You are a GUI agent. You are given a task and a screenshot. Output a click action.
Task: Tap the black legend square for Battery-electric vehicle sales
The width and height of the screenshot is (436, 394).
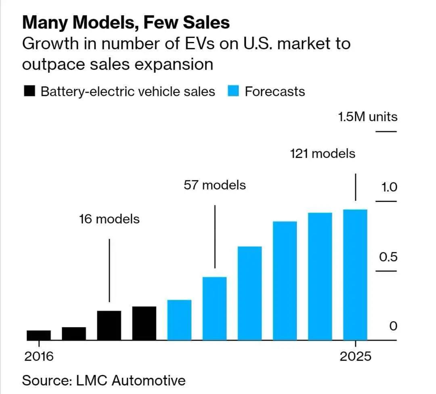point(29,91)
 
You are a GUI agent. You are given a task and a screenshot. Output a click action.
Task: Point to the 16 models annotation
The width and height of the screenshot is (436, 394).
point(109,219)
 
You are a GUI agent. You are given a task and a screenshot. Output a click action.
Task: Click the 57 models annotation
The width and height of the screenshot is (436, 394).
point(214,185)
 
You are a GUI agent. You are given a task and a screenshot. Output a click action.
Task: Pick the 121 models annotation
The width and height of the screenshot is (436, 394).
point(323,154)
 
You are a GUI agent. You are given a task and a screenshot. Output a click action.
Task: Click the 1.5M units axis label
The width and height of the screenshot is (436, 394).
point(367,117)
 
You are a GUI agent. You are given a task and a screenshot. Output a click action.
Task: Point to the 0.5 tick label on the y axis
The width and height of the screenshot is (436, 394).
point(389,257)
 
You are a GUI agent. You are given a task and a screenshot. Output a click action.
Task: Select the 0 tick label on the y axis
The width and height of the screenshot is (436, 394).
point(393,326)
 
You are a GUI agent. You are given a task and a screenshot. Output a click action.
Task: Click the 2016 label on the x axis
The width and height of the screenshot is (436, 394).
point(39,357)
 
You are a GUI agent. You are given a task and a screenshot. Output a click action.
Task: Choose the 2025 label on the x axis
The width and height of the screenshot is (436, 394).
point(355,357)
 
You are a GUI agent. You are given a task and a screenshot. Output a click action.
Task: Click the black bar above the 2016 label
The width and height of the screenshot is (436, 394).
point(39,335)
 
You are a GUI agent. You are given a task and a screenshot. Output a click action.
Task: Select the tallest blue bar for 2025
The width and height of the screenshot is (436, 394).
point(355,275)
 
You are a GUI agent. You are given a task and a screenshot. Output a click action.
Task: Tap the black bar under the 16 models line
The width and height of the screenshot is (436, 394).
point(109,325)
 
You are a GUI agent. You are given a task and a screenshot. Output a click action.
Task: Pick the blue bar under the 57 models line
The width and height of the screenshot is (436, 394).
point(214,308)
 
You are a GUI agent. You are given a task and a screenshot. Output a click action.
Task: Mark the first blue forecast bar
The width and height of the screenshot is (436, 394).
point(179,320)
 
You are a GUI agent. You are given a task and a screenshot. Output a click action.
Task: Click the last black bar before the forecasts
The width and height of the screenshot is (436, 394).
point(144,323)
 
